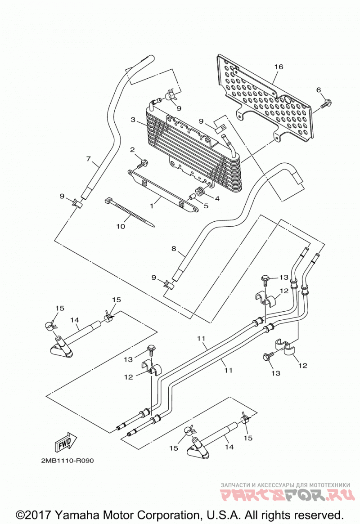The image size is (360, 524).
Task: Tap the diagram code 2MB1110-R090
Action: [x=67, y=461]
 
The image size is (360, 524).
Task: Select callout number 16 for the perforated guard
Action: [x=279, y=67]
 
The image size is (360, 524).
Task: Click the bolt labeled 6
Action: [x=326, y=103]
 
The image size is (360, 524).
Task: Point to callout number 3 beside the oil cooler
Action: [x=133, y=119]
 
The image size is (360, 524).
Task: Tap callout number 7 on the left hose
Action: [x=89, y=158]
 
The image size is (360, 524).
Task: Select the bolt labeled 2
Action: [x=143, y=164]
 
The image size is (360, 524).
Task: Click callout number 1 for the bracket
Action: [x=152, y=206]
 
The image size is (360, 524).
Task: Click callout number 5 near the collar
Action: [x=206, y=206]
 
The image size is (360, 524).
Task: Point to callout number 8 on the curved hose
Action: [x=174, y=249]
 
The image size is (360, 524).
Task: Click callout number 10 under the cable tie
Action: [x=121, y=226]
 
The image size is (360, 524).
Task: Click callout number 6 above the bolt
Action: [x=319, y=90]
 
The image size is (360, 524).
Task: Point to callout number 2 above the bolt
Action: [x=132, y=149]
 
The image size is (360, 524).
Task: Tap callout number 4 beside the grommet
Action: [x=217, y=198]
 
